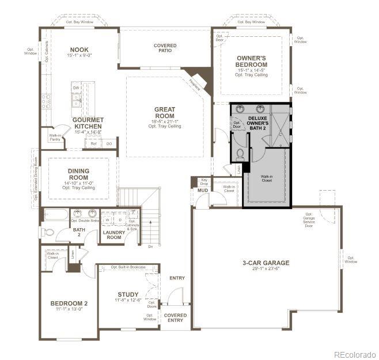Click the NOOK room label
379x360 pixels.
coord(79,50)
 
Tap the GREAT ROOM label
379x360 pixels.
coord(165,112)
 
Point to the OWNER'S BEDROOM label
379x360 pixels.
coord(252,61)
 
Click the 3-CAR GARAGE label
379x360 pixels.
coord(266,263)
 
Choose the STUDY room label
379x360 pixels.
coord(128,294)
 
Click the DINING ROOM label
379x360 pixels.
coord(78,174)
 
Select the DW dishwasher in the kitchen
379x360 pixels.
coord(75,88)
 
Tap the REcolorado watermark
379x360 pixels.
coord(354,354)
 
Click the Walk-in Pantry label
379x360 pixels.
coord(55,137)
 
